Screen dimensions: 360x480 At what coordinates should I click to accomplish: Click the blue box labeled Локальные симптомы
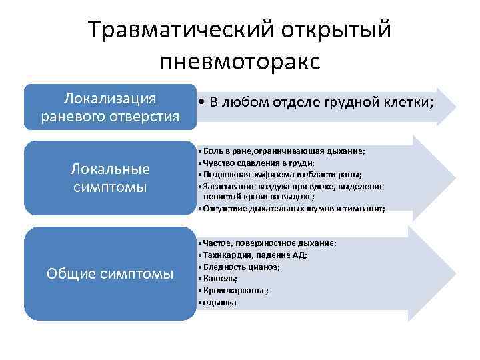110,177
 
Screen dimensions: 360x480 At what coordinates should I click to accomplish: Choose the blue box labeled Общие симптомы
110,273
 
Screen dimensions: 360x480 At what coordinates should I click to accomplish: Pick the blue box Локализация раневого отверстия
110,107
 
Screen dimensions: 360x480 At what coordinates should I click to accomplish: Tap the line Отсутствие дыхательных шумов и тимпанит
294,209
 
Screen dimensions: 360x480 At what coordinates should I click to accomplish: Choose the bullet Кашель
221,279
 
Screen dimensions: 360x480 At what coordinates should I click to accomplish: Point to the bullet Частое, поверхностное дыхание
270,243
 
